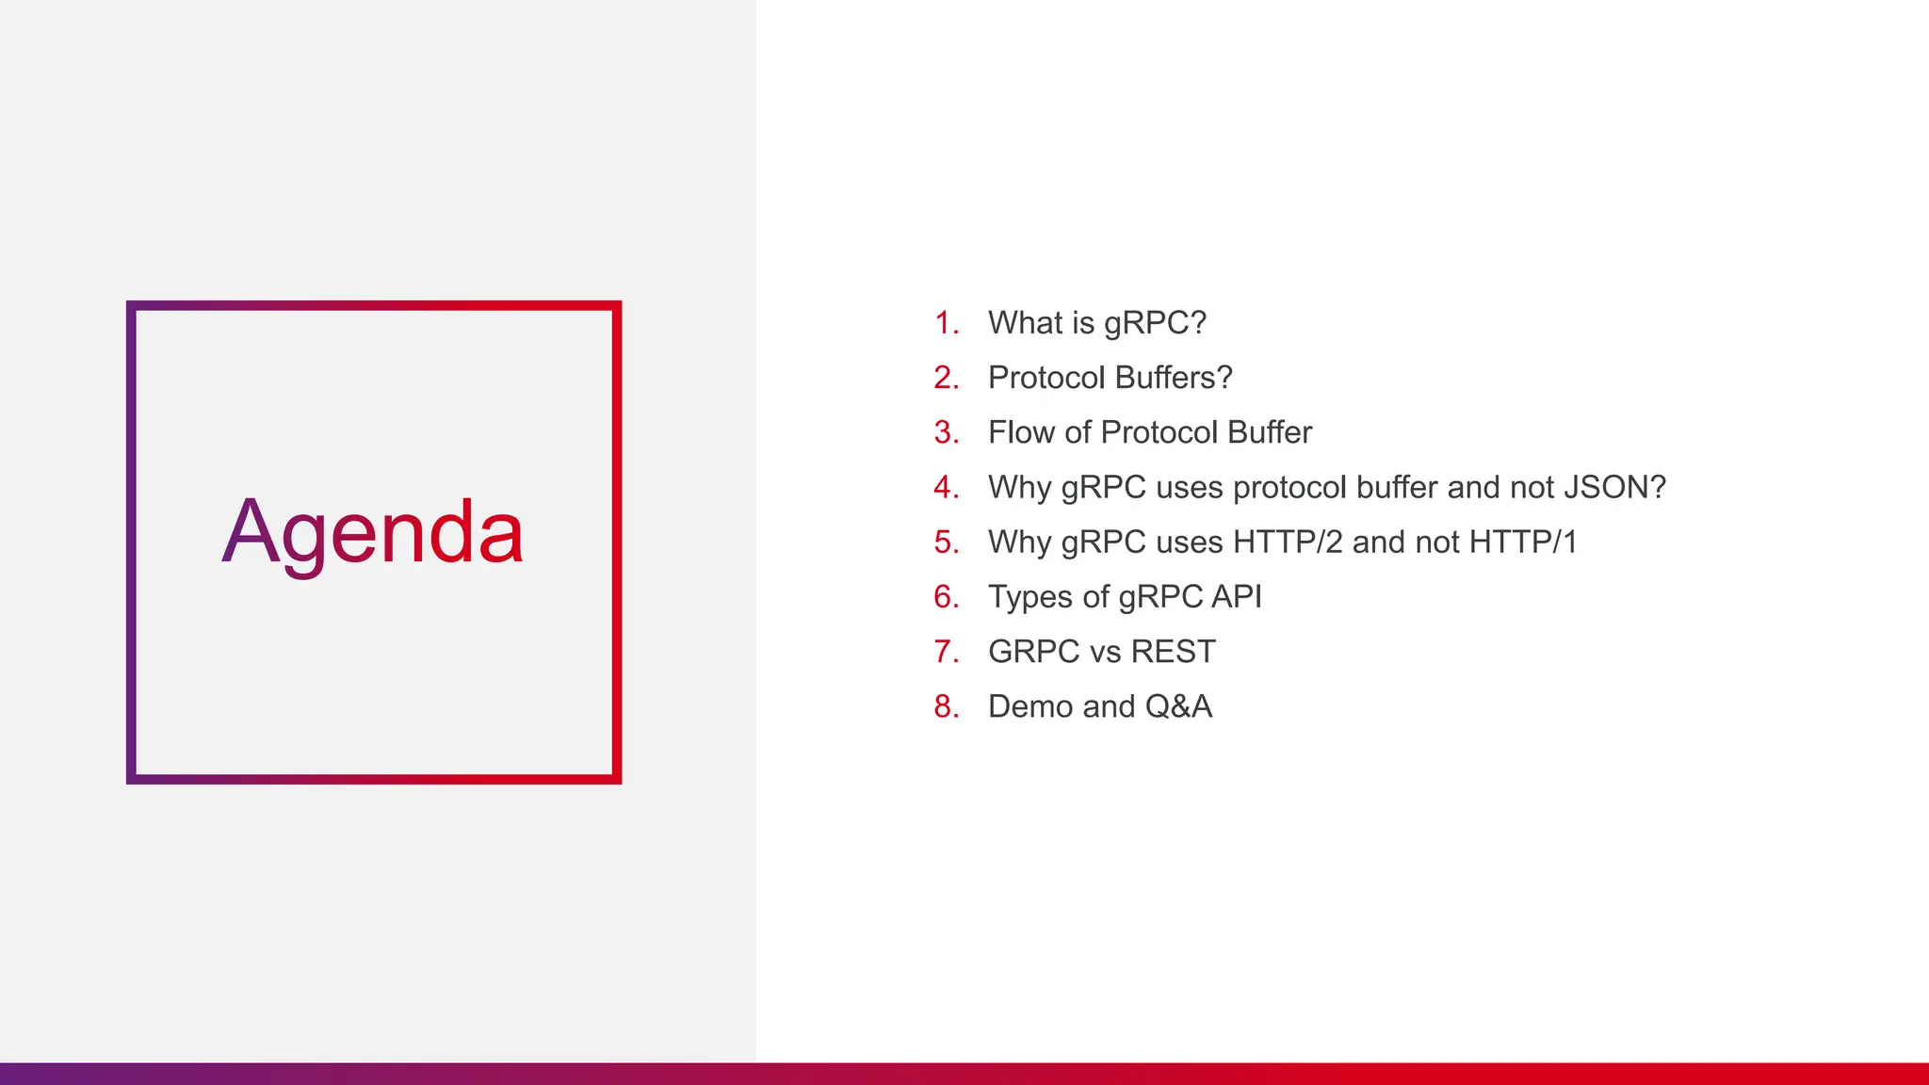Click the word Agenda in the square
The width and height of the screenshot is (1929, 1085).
coord(372,533)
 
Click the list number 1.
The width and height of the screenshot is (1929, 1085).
coord(946,323)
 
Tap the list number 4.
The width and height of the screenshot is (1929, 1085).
coord(946,488)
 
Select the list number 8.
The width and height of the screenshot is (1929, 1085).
coord(946,706)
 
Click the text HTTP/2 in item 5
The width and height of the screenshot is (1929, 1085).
coord(1288,542)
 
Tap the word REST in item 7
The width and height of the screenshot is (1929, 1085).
coord(1173,652)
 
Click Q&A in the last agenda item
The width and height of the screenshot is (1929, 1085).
coord(1178,706)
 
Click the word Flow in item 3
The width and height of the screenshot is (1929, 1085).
coord(1021,433)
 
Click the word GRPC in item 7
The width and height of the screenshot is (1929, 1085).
coord(1033,652)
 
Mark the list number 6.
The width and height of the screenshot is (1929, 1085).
coord(946,597)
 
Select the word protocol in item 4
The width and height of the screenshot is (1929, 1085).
coord(1289,488)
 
